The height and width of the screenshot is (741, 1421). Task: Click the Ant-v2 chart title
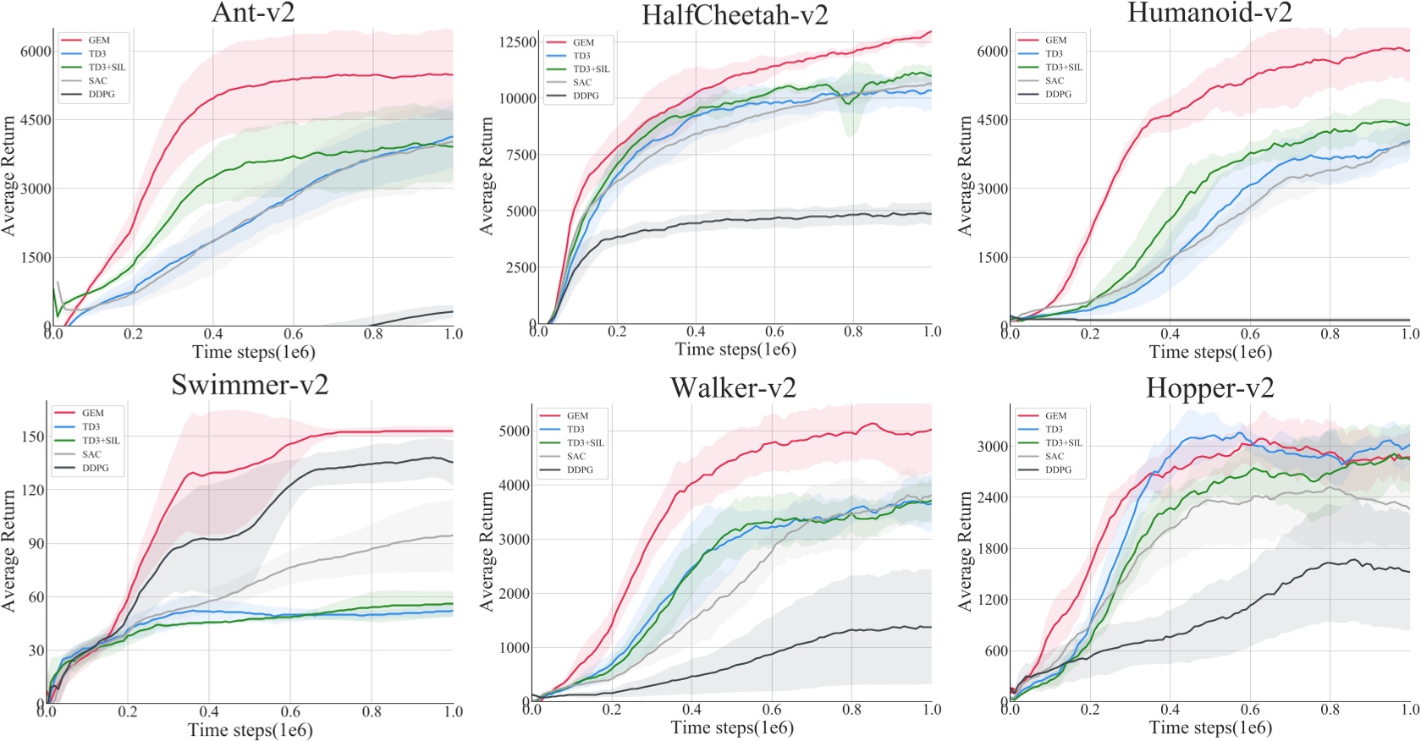click(252, 13)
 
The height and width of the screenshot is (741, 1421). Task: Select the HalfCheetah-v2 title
click(734, 15)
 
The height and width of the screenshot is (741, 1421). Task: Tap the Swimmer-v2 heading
click(250, 385)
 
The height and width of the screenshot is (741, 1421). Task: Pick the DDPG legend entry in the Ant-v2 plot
click(101, 94)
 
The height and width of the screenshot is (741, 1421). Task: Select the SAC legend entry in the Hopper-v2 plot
click(1054, 456)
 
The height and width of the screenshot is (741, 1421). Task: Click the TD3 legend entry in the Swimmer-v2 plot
click(91, 426)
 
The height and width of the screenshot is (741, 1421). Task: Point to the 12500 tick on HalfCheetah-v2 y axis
click(517, 42)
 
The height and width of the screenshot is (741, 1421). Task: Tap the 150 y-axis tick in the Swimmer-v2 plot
click(33, 436)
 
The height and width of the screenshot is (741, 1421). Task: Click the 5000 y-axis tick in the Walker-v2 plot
click(514, 431)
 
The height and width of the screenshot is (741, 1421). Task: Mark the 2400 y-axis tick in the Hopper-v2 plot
click(992, 497)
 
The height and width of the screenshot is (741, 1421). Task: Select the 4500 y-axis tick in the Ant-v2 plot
click(36, 119)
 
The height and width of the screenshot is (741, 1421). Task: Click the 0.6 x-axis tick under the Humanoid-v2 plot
click(1249, 334)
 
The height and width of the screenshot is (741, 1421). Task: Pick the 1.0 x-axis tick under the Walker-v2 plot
click(931, 710)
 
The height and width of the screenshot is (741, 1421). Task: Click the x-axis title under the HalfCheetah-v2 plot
click(735, 349)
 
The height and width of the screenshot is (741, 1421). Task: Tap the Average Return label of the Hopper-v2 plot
click(965, 551)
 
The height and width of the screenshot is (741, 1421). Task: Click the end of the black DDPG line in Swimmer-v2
click(452, 462)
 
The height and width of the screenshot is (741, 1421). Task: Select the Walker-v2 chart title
click(733, 387)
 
